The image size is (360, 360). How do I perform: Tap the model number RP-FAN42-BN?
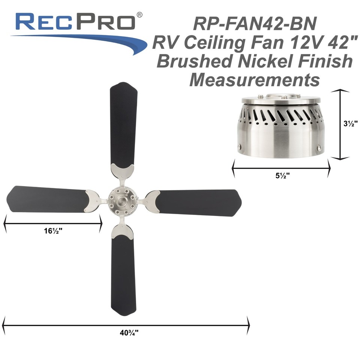[255, 25]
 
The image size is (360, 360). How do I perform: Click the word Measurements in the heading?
[255, 79]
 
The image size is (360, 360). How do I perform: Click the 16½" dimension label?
[52, 230]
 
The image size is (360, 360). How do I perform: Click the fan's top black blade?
[123, 124]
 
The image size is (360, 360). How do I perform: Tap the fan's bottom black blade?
[123, 274]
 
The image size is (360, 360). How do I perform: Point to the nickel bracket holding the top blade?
[123, 171]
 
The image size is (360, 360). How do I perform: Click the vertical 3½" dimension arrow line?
[340, 124]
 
